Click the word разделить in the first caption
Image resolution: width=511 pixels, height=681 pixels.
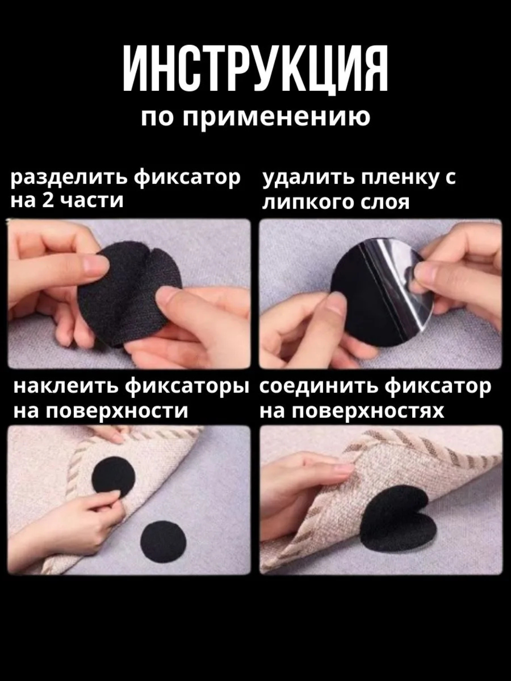click(70, 179)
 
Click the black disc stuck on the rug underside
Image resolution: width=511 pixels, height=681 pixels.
click(114, 478)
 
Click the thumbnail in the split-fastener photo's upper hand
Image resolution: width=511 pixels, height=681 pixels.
click(96, 268)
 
